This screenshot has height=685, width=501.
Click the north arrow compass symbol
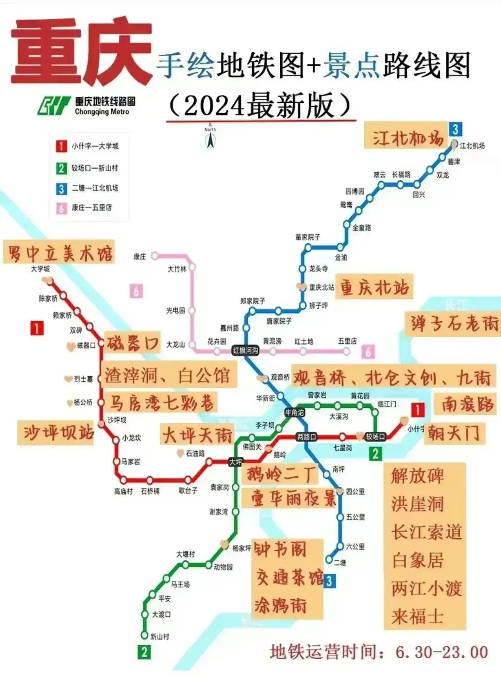click(210, 137)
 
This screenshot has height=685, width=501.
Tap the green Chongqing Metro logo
click(54, 106)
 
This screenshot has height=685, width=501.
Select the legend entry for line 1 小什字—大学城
click(95, 146)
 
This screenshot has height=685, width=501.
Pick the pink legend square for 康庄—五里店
click(61, 208)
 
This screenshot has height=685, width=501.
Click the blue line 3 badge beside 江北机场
click(455, 129)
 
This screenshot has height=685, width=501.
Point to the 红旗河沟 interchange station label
click(245, 351)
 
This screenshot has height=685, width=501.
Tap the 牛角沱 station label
click(295, 412)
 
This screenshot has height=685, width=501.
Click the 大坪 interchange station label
click(236, 462)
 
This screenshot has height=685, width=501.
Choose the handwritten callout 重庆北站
click(374, 287)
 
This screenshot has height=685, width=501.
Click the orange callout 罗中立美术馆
click(59, 253)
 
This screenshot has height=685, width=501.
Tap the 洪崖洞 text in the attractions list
click(417, 504)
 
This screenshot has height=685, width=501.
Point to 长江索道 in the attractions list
click(426, 532)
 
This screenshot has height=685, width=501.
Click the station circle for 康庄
click(155, 256)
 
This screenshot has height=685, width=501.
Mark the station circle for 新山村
click(144, 636)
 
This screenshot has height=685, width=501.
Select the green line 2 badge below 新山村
click(144, 652)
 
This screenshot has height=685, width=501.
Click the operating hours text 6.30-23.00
click(441, 652)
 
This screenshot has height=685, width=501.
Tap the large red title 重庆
click(82, 52)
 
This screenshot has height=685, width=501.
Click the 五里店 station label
click(347, 342)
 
